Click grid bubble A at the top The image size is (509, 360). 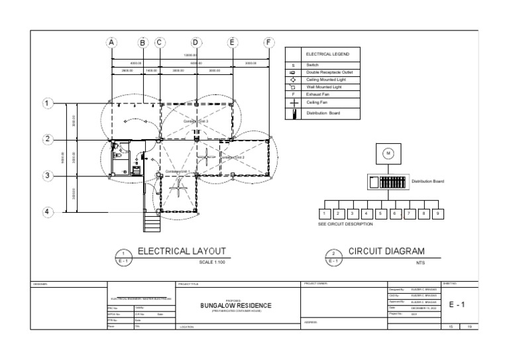coord(111,42)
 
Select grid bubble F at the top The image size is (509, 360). coord(268,42)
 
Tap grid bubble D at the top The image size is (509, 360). coord(196,42)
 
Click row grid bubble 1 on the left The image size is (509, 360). coord(47,103)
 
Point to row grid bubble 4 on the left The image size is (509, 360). coord(47,212)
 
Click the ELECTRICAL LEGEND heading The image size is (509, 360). coord(323,54)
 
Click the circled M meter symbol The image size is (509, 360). coord(388,153)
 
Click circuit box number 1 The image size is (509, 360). coord(324,213)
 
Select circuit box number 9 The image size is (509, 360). coord(437,213)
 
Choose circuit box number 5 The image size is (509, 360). coord(380,213)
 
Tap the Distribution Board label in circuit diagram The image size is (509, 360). coord(427,181)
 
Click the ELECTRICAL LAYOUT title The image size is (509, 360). coord(182,252)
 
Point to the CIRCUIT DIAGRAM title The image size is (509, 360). coord(386,252)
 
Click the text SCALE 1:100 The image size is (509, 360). coord(213,263)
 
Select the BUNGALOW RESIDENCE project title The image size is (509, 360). coord(236,305)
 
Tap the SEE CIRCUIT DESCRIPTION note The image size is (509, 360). coord(345,224)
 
